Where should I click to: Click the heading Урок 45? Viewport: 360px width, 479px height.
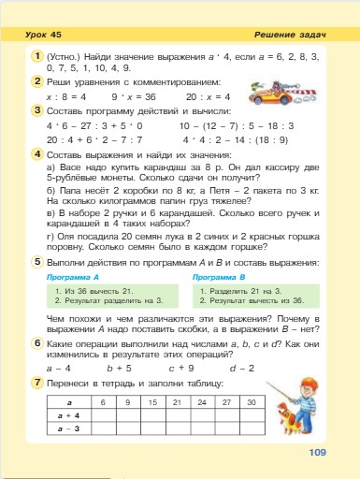coord(43,35)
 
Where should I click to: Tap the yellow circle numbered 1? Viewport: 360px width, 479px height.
coord(33,58)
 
